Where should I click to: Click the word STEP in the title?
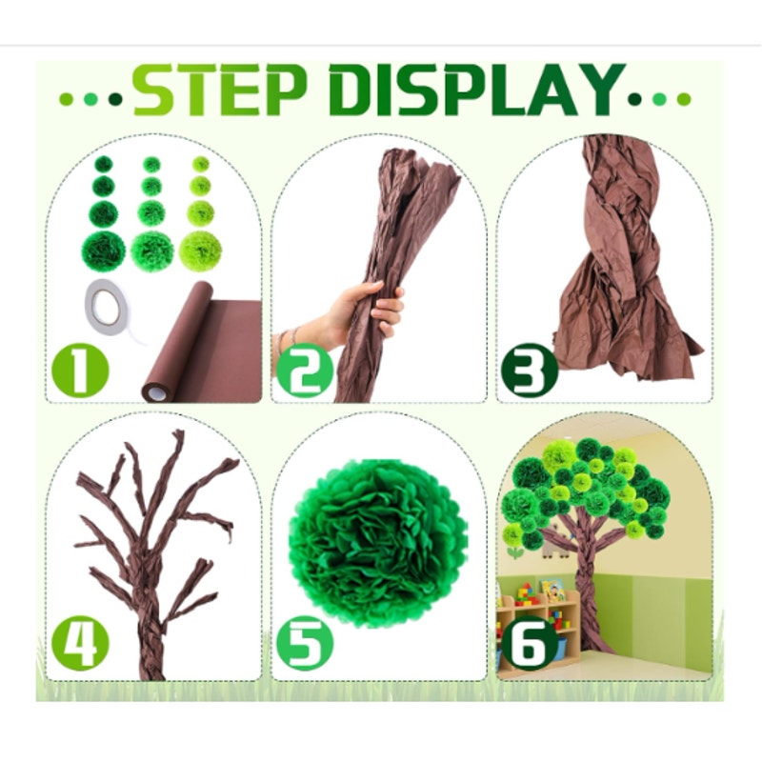pyautogui.click(x=220, y=90)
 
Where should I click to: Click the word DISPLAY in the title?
pyautogui.click(x=477, y=90)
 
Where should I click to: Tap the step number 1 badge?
pyautogui.click(x=80, y=371)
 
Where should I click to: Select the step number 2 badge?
pyautogui.click(x=305, y=371)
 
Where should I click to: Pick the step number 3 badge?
pyautogui.click(x=530, y=371)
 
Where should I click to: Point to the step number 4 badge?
pyautogui.click(x=80, y=643)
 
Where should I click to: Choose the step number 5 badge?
pyautogui.click(x=305, y=643)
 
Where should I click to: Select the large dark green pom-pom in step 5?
pyautogui.click(x=378, y=541)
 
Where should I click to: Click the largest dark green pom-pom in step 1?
pyautogui.click(x=103, y=251)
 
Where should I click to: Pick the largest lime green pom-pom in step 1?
pyautogui.click(x=201, y=251)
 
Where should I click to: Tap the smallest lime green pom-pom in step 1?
pyautogui.click(x=201, y=164)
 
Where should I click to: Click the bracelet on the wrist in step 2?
pyautogui.click(x=287, y=340)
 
